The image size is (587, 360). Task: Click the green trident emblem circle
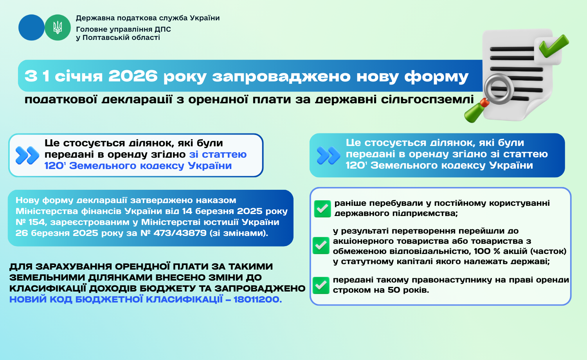[58, 27]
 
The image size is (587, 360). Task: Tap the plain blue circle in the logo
[31, 27]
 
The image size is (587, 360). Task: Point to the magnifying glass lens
[499, 89]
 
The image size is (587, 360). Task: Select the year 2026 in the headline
[133, 76]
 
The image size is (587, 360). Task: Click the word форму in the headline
[436, 77]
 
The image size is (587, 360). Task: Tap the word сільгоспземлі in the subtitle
[427, 99]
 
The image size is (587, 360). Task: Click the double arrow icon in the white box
[27, 155]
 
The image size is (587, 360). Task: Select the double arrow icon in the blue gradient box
[329, 155]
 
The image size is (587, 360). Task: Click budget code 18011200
[257, 299]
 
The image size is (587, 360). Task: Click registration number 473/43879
[180, 233]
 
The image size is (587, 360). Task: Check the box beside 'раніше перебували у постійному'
[322, 209]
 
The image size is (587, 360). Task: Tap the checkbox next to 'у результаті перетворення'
[321, 245]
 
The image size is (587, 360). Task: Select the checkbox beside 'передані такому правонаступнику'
[321, 285]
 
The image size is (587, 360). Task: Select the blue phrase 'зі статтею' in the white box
[218, 154]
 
